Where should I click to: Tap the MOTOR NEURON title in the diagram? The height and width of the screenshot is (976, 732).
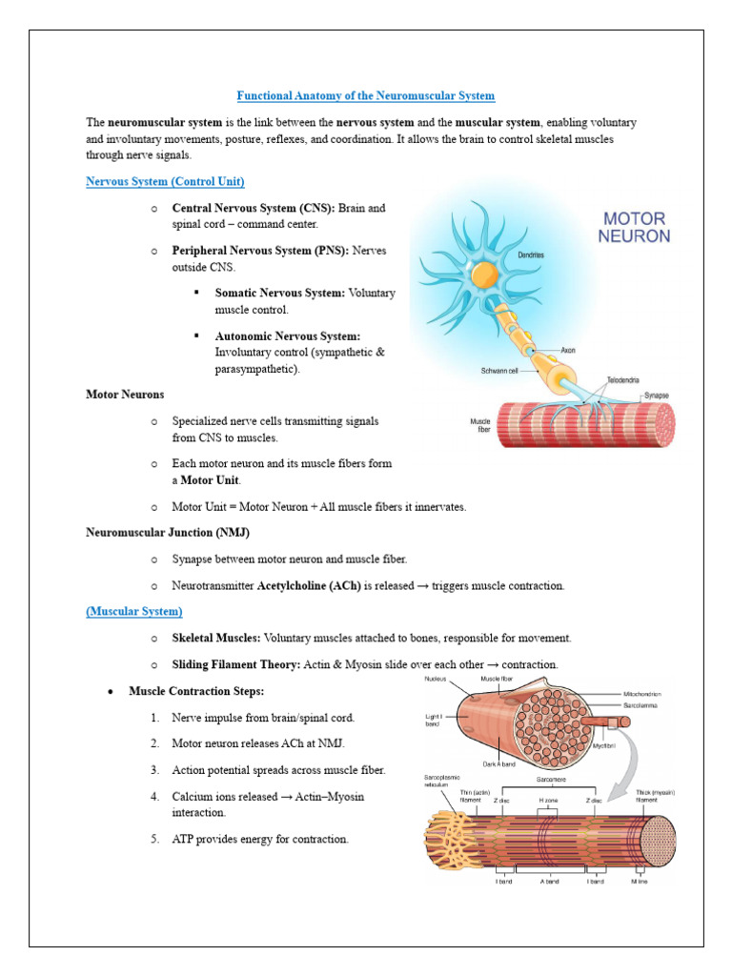(x=635, y=227)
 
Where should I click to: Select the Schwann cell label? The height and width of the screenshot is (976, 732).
(x=499, y=370)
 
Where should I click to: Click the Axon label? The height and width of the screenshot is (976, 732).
(x=569, y=350)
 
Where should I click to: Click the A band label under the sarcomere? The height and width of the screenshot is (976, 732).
(x=550, y=881)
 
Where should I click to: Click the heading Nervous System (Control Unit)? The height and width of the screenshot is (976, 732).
(x=165, y=181)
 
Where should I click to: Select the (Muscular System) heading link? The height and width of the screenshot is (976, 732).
(x=134, y=611)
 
